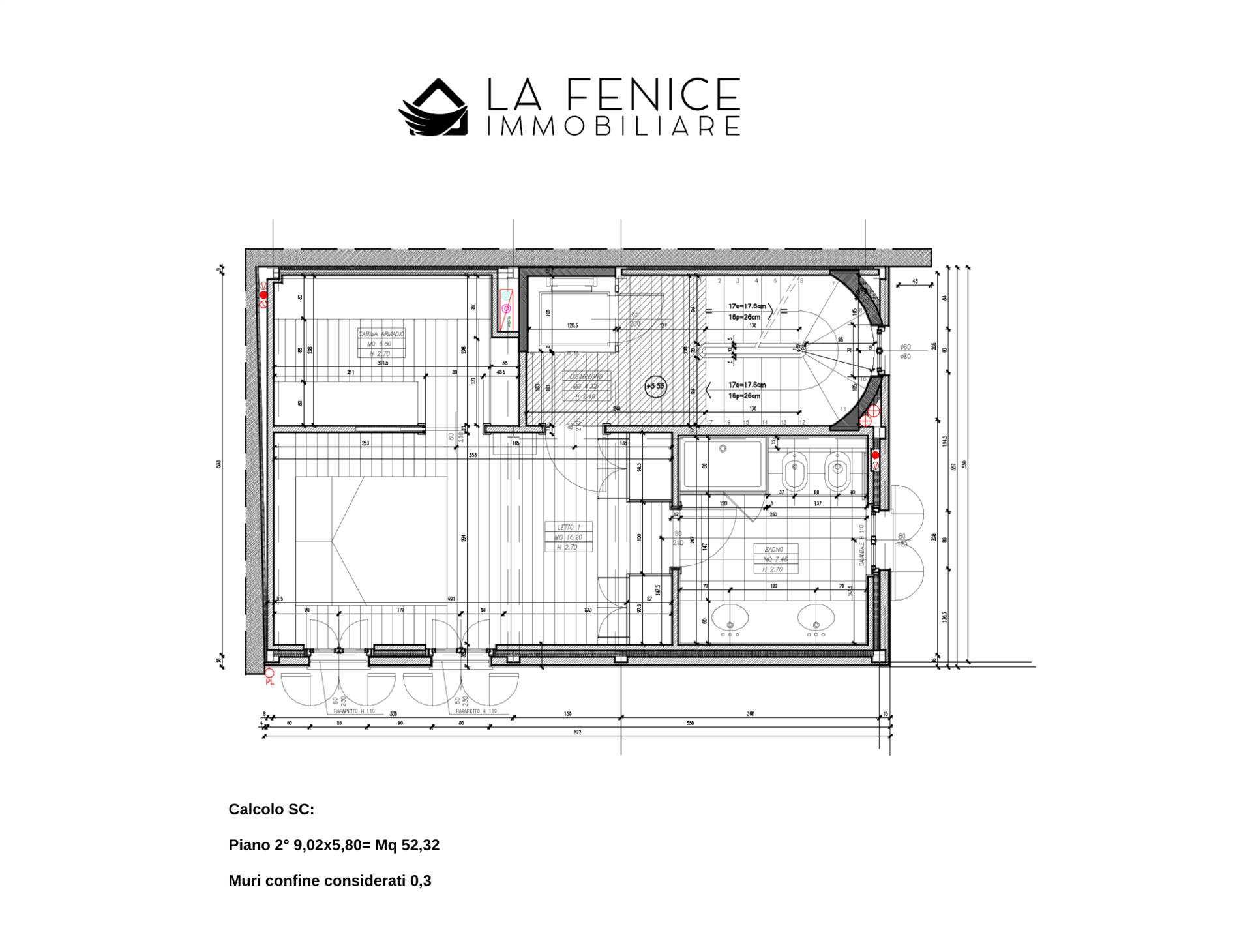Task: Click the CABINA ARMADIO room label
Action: (x=381, y=343)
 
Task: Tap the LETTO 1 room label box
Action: (x=569, y=537)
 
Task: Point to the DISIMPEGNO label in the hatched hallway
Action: (x=586, y=386)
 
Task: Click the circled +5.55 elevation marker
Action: (x=655, y=386)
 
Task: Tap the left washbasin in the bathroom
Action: (x=730, y=618)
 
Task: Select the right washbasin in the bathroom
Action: (x=815, y=618)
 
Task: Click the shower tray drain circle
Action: (x=723, y=449)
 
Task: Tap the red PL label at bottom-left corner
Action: (x=269, y=682)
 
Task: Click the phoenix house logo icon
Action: (x=434, y=108)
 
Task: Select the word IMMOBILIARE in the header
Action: (x=614, y=127)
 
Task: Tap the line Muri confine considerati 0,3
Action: (x=329, y=881)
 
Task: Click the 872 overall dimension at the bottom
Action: (x=576, y=732)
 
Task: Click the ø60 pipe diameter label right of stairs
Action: (x=905, y=347)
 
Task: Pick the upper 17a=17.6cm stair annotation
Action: (x=747, y=306)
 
